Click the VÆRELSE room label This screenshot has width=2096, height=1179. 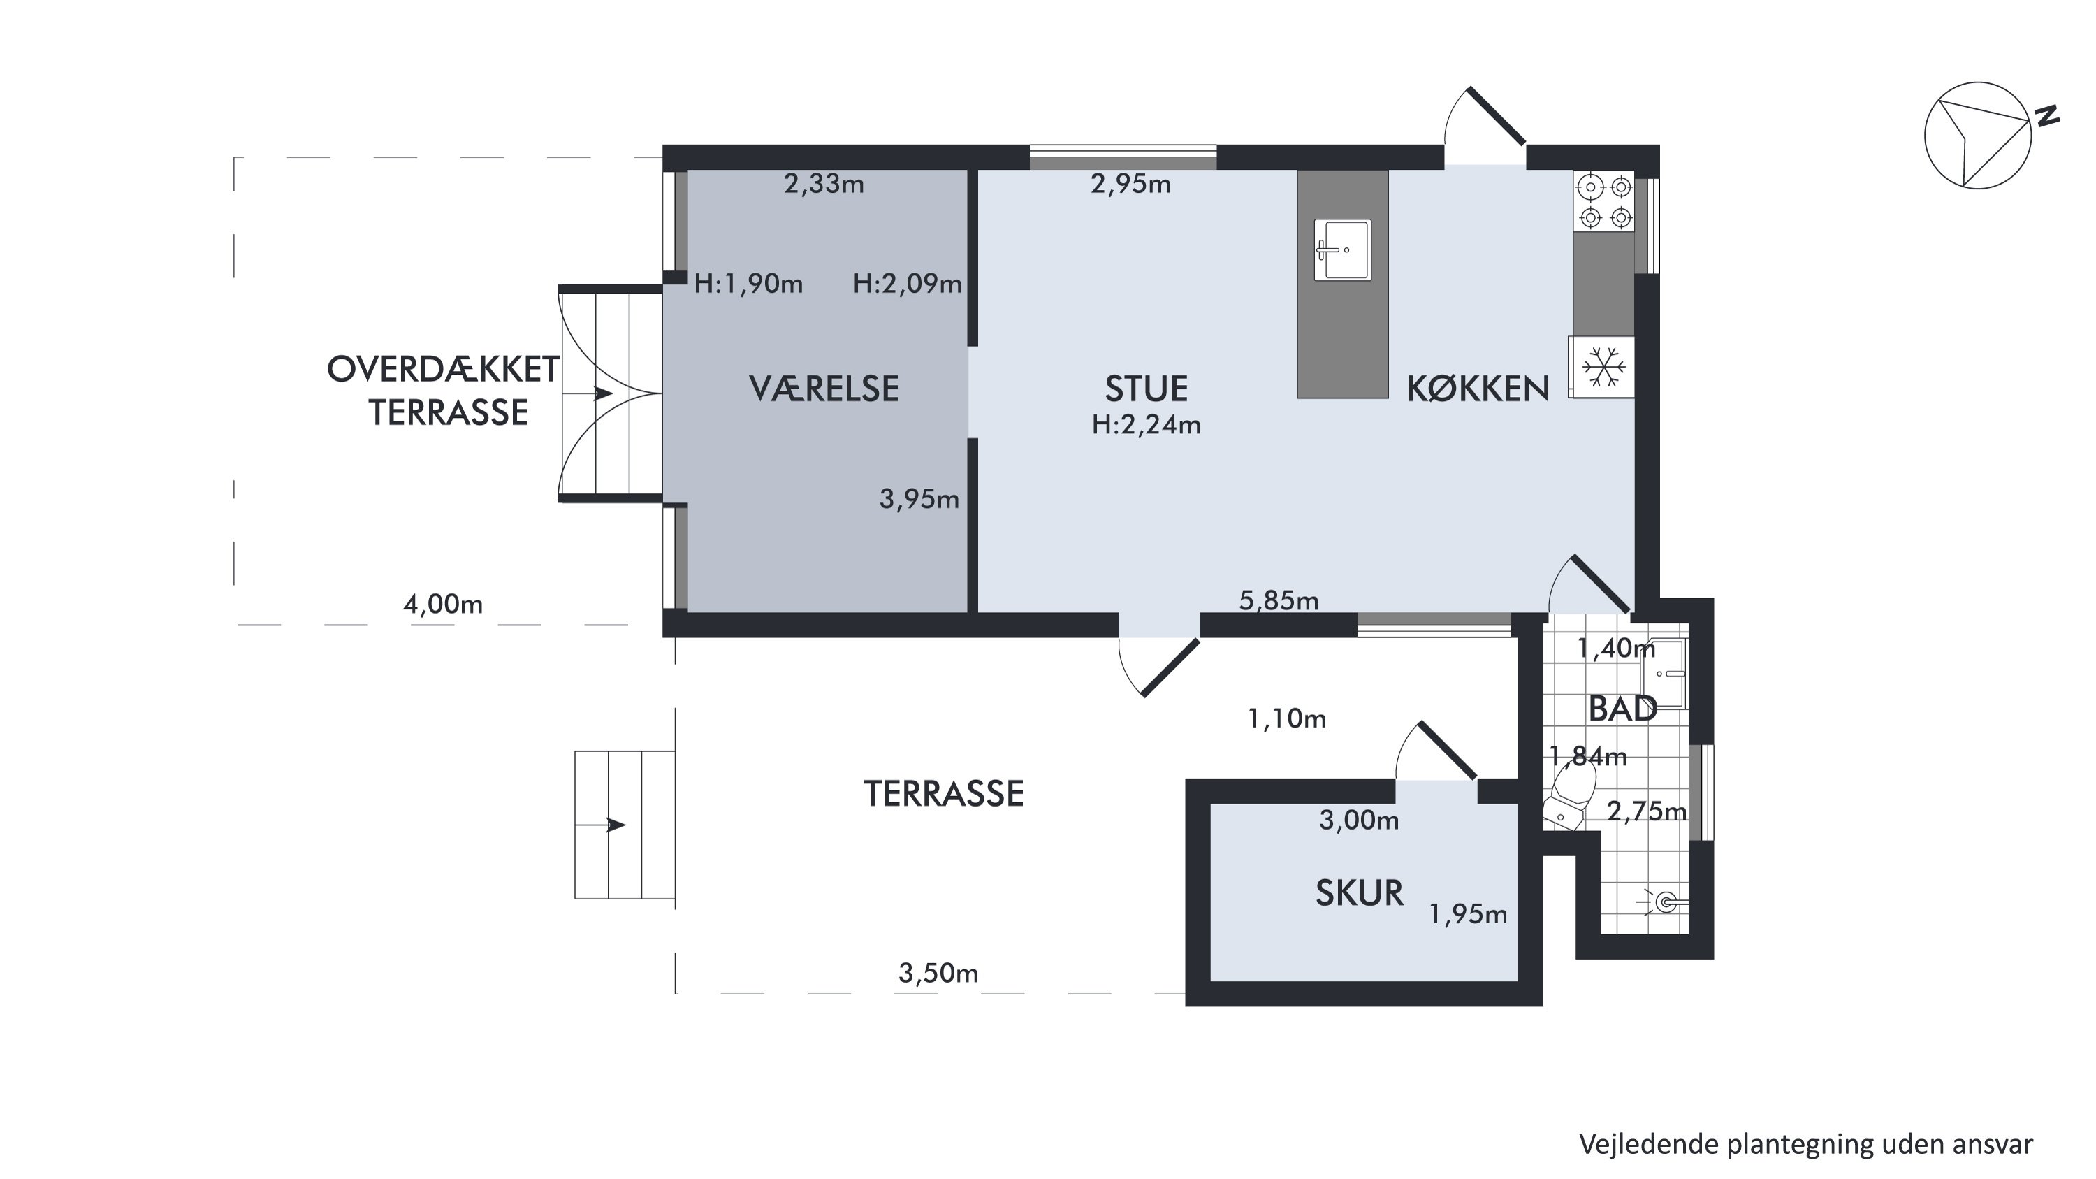click(x=824, y=389)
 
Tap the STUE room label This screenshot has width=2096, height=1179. click(x=1146, y=389)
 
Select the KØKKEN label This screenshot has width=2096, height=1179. click(x=1478, y=389)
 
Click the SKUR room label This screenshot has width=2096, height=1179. click(x=1360, y=893)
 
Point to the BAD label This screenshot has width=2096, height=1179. click(x=1623, y=709)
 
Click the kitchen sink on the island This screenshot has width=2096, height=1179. click(x=1343, y=249)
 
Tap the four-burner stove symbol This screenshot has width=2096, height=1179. click(x=1603, y=202)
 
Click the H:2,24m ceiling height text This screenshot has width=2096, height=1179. click(x=1146, y=425)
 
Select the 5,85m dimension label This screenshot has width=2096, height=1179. click(x=1279, y=600)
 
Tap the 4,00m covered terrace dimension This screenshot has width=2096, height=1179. click(x=443, y=604)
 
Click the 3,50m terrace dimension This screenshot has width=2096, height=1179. click(x=938, y=973)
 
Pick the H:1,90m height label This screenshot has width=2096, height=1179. click(x=748, y=284)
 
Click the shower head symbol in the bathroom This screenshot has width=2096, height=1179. click(x=1663, y=902)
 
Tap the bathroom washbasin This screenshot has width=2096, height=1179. click(x=1663, y=674)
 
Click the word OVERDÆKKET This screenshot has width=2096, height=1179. click(x=444, y=370)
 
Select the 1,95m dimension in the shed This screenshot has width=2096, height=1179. click(x=1468, y=915)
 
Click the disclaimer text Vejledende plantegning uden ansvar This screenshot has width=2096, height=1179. click(x=1805, y=1143)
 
